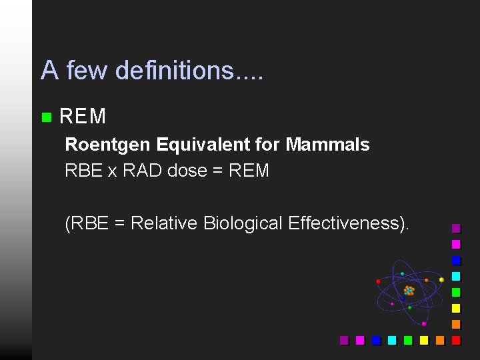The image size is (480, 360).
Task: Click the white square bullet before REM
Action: click(45, 117)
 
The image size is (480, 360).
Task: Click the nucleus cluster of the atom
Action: click(409, 291)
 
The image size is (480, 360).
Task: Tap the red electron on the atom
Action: click(378, 281)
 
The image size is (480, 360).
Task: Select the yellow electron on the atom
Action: click(441, 279)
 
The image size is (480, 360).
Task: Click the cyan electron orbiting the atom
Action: click(402, 273)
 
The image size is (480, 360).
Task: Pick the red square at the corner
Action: click(456, 340)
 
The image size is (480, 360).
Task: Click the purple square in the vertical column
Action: click(456, 228)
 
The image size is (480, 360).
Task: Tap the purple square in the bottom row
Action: click(344, 340)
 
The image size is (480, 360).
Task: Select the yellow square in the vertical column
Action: click(456, 308)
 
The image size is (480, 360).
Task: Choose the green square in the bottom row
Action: click(408, 340)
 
